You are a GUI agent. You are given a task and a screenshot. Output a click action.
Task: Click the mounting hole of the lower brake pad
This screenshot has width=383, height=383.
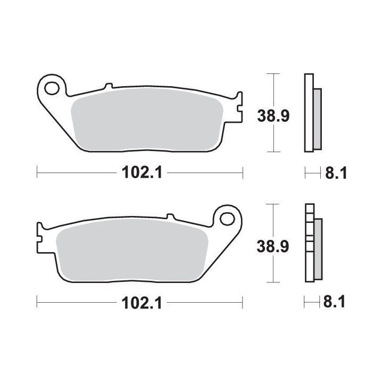point(227,219)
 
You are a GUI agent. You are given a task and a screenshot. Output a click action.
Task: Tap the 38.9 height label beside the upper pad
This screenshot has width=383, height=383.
point(273,116)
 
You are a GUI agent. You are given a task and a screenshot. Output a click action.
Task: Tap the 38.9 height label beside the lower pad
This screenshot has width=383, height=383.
point(273,246)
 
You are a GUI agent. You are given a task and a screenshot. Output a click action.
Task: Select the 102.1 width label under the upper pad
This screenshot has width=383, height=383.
point(142,173)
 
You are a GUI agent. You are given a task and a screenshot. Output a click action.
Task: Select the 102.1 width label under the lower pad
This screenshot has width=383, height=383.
point(141,303)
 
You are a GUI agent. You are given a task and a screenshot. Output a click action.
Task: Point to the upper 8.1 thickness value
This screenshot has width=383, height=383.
point(336,173)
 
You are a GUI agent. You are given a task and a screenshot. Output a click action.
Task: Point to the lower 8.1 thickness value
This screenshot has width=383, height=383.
point(334,302)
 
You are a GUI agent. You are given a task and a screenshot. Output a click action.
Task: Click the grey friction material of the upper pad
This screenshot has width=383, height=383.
point(147,119)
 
